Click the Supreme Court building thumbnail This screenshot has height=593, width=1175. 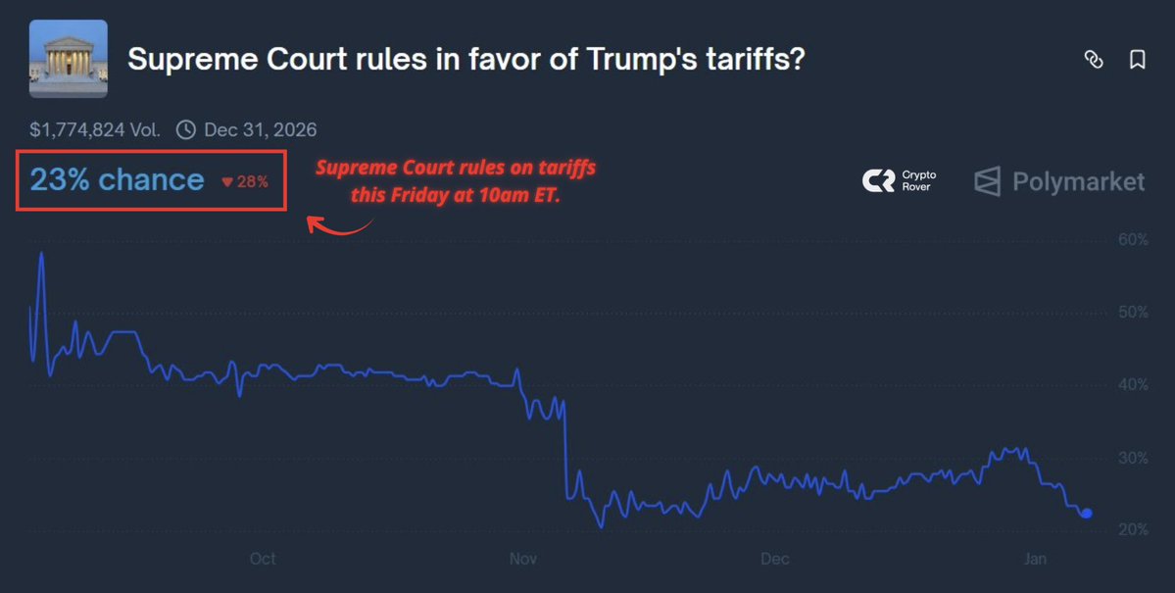pos(69,59)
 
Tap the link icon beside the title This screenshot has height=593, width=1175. pos(1094,60)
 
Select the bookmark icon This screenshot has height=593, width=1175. pos(1138,60)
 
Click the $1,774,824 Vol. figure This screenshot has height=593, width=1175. pos(95,129)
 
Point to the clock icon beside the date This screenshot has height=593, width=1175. pos(186,129)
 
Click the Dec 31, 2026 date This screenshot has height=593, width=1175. pos(260,129)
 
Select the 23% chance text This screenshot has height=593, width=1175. pos(117,180)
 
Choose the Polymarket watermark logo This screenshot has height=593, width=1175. pos(1059,181)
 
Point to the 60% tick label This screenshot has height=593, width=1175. pos(1132,240)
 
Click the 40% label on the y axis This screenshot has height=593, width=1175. pos(1132,385)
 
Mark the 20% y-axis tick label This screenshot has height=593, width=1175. pos(1132,530)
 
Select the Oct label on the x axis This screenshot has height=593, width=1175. pos(263,559)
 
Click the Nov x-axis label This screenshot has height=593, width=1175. pos(523,559)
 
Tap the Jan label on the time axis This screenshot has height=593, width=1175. pos(1036,559)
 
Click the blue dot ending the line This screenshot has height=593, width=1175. pos(1086,513)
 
